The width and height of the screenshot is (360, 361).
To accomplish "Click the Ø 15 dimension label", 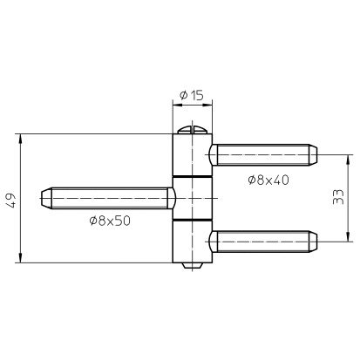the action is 192,95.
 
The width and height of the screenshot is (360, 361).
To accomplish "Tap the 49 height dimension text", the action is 12,200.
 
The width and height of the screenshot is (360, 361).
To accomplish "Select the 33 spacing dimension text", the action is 338,197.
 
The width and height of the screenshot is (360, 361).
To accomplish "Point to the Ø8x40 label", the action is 268,180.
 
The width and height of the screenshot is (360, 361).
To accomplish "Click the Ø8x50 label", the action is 110,221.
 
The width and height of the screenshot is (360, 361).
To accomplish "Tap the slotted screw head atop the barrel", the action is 193,130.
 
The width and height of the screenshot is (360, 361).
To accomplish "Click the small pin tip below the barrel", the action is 193,266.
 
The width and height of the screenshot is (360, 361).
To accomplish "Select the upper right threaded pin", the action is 263,154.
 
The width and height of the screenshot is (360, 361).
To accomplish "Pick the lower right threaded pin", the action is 263,242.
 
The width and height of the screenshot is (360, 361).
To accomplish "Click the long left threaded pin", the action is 108,198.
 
